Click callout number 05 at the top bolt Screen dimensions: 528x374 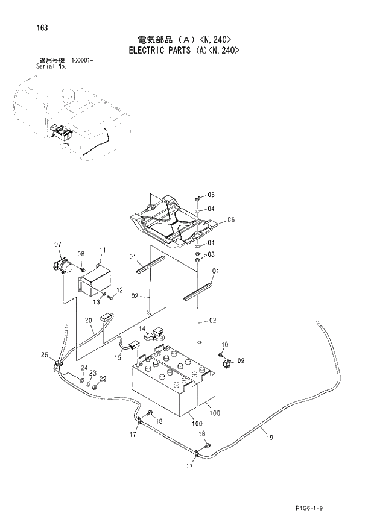click(211, 195)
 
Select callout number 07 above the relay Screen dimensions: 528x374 click(58, 244)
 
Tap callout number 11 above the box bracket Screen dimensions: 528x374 click(102, 250)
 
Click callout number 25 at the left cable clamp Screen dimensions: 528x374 click(44, 355)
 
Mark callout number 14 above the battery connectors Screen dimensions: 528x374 click(143, 328)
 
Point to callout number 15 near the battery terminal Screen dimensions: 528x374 click(118, 357)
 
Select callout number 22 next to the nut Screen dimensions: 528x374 click(103, 379)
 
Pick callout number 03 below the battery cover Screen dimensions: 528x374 click(211, 255)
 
